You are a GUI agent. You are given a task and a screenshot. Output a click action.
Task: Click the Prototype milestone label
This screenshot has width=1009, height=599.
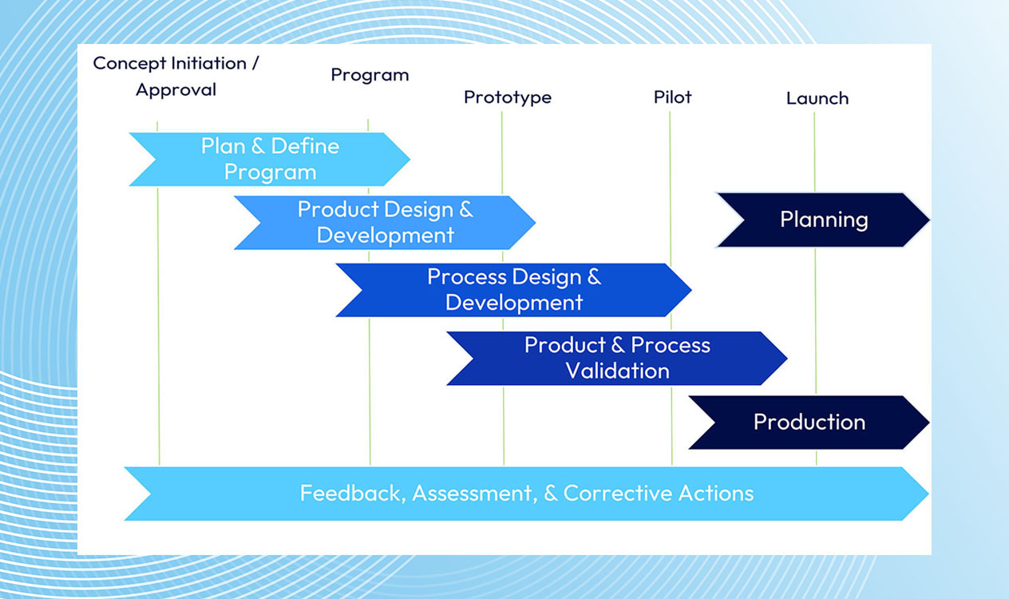[x=508, y=97]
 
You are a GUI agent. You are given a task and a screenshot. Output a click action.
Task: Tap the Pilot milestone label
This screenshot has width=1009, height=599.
[x=672, y=97]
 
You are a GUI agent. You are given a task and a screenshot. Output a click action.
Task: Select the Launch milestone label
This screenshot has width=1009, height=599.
[x=817, y=98]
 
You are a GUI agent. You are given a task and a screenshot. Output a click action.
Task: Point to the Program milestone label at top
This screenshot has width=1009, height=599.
[x=370, y=75]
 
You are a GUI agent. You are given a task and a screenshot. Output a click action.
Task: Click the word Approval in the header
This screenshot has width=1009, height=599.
[x=176, y=90]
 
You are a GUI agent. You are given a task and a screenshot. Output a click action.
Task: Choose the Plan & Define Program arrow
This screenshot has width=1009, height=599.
[x=269, y=159]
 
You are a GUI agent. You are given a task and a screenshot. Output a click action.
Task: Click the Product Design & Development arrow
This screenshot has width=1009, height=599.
[x=385, y=223]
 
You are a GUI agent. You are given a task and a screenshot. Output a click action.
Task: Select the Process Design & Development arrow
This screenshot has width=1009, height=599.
[x=513, y=290]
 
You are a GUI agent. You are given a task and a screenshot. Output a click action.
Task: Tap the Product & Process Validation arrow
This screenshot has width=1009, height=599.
[x=617, y=359]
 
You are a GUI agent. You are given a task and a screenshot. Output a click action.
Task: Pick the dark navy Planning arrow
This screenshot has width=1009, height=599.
[x=824, y=220]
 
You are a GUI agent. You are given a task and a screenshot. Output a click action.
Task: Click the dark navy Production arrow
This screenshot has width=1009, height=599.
[x=809, y=422]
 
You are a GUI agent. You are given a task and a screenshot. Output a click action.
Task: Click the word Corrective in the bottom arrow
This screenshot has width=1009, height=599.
[x=618, y=493]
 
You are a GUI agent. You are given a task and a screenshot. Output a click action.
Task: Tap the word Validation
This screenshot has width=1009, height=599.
[x=617, y=371]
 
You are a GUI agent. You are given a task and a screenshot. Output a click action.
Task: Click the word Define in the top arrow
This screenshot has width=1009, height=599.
[x=305, y=146]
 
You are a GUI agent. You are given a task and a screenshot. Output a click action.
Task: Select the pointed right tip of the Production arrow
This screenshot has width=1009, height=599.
[x=929, y=422]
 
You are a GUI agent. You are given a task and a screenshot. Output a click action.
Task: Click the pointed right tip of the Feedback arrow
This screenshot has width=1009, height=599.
[x=928, y=494]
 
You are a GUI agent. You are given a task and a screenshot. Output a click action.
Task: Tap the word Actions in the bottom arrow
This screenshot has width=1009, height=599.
[x=716, y=493]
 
